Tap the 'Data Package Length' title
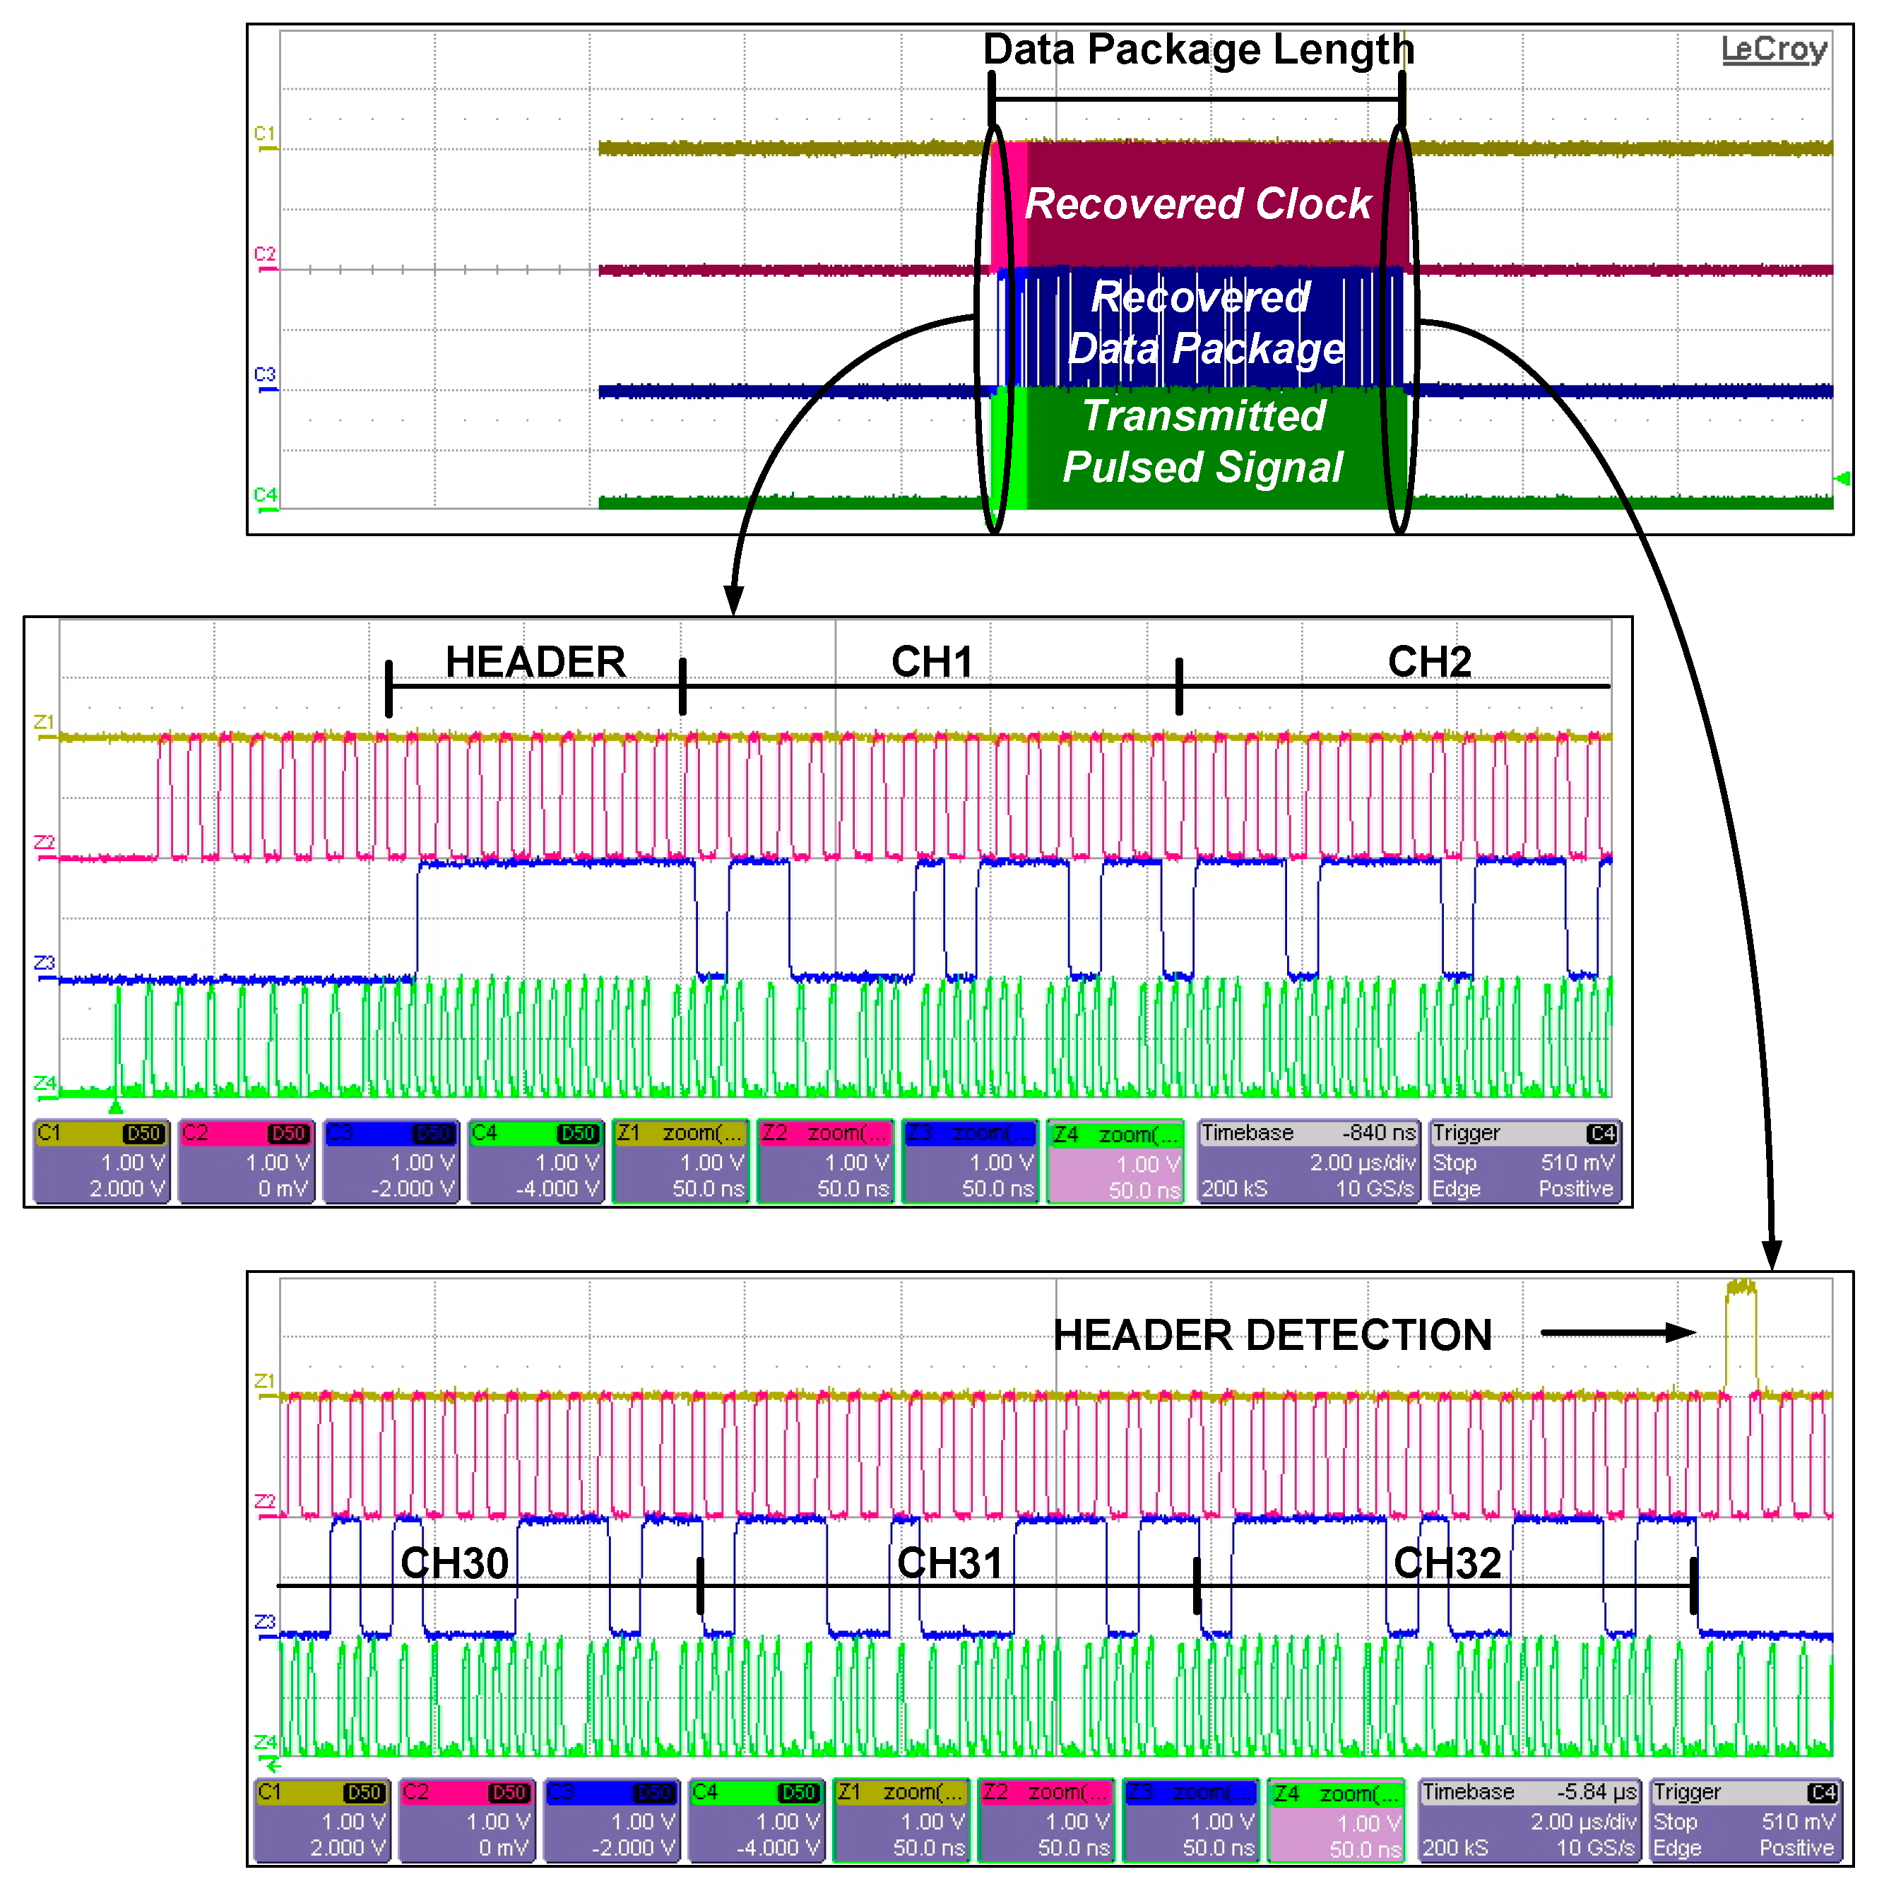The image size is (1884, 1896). pyautogui.click(x=1197, y=49)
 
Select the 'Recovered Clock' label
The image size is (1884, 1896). pyautogui.click(x=1197, y=203)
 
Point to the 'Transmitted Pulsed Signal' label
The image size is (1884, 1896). pyautogui.click(x=1203, y=442)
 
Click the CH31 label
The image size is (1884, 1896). pyautogui.click(x=950, y=1563)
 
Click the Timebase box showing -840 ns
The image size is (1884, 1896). pyautogui.click(x=1308, y=1161)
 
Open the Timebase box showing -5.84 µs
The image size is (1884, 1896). pyautogui.click(x=1529, y=1820)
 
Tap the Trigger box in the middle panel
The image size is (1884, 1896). pyautogui.click(x=1523, y=1161)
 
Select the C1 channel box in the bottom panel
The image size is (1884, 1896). pyautogui.click(x=322, y=1820)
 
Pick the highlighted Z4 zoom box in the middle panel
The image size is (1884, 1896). pyautogui.click(x=1115, y=1161)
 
